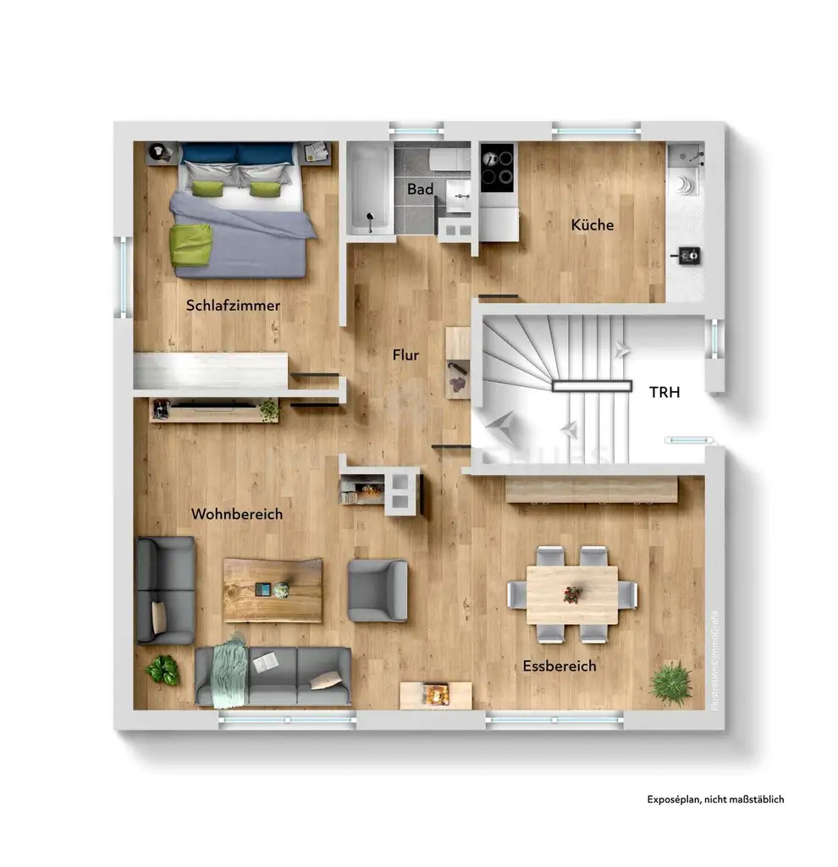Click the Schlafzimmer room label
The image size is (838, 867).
pos(233,306)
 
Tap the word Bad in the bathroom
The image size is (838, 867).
pos(420,190)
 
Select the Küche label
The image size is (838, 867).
pos(593,225)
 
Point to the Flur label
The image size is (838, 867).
pos(405,356)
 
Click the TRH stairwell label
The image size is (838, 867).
pos(664,392)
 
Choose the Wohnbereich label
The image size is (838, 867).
pos(237,514)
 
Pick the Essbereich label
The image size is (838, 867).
pos(559,666)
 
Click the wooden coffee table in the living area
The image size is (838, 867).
pos(273,589)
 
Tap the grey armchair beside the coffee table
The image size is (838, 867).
pos(378,590)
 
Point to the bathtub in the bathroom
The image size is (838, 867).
pos(369,187)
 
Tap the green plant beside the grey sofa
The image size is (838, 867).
pos(163,670)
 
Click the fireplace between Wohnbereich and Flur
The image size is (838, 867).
pos(362,490)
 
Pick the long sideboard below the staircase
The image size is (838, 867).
pos(592,489)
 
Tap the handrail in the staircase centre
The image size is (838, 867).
pos(592,386)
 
